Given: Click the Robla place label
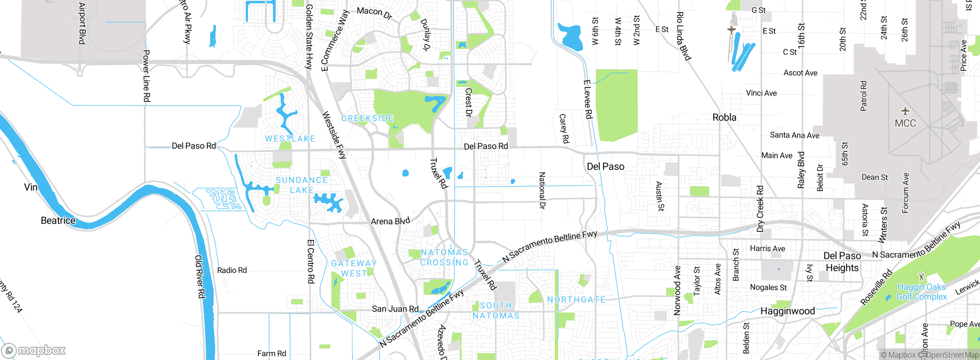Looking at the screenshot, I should click(724, 118).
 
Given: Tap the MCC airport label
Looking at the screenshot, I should click(905, 123).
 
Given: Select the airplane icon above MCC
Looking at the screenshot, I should click(905, 111).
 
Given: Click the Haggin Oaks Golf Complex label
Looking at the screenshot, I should click(921, 292).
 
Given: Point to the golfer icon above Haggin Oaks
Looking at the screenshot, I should click(921, 276).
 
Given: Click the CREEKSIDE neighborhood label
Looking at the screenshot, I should click(367, 118).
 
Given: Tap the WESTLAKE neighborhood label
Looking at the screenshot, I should click(290, 139).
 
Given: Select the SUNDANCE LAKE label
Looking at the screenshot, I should click(302, 185).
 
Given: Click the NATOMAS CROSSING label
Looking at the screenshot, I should click(444, 257).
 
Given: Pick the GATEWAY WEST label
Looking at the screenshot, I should click(354, 268).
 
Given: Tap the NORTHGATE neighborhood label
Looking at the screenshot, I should click(576, 300).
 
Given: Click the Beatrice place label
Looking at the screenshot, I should click(58, 221).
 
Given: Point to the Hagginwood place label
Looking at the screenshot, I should click(787, 311).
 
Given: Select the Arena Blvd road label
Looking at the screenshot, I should click(390, 221).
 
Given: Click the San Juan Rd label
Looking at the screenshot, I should click(395, 309).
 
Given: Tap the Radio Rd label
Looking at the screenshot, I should click(232, 270).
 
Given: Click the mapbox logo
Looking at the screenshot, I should click(34, 350).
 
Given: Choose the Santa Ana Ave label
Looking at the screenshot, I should click(794, 135).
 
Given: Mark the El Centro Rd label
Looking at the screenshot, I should click(311, 261).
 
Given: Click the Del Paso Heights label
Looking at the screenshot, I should click(842, 262).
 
